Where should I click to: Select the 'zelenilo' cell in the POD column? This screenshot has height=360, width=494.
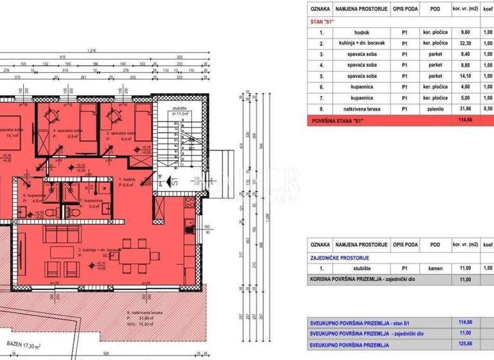(x=435, y=109)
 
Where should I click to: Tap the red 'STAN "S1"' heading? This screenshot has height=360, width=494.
(x=322, y=21)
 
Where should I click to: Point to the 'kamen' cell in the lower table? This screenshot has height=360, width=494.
(x=435, y=267)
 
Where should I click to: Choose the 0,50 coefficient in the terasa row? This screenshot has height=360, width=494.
(x=488, y=109)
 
